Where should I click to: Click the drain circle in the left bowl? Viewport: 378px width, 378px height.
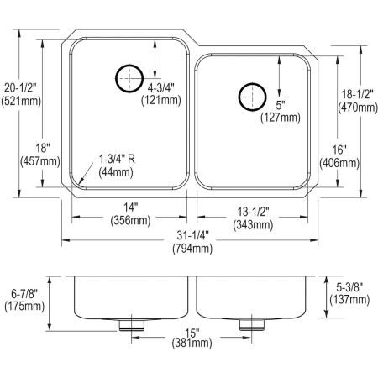tap(129, 77)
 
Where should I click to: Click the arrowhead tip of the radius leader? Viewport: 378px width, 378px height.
tap(75, 183)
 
